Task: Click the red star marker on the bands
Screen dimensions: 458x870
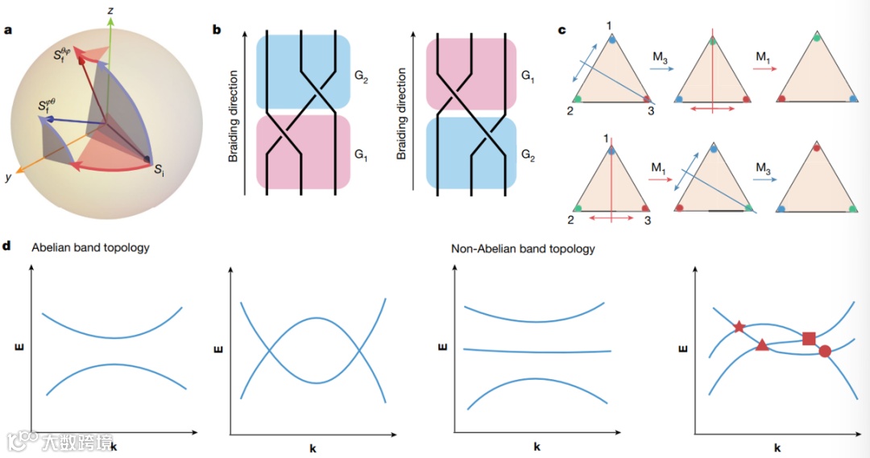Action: point(739,327)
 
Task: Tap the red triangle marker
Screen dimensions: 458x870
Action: point(762,345)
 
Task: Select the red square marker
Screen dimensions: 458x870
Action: point(809,338)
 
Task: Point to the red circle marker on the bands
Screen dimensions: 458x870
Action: point(825,351)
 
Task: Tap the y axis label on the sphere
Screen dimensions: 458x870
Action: point(9,178)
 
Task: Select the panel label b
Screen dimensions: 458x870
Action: point(216,30)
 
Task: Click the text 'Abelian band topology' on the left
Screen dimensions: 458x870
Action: point(90,248)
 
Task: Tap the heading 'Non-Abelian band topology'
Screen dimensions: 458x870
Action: point(523,249)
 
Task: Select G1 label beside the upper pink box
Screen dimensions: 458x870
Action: point(528,78)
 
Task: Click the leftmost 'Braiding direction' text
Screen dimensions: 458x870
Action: point(234,113)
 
